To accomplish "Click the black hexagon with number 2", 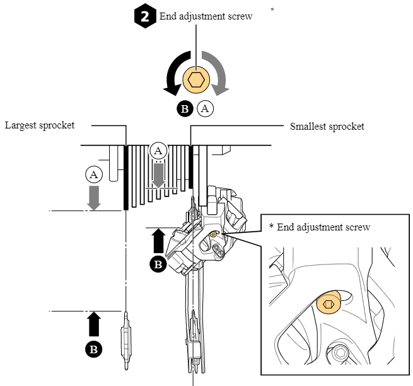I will click(145, 16).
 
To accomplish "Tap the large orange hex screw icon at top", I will click(196, 80).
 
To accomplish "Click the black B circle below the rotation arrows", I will click(185, 108).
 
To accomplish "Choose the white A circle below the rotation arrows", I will click(206, 108).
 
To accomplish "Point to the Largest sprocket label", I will click(40, 125).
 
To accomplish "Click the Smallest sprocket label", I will click(327, 126).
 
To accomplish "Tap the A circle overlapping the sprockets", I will click(158, 150).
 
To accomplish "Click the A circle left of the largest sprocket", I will click(94, 174).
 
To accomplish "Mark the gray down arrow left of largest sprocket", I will click(94, 197).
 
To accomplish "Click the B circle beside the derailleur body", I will click(158, 264).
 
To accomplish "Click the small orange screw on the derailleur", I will click(214, 234).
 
